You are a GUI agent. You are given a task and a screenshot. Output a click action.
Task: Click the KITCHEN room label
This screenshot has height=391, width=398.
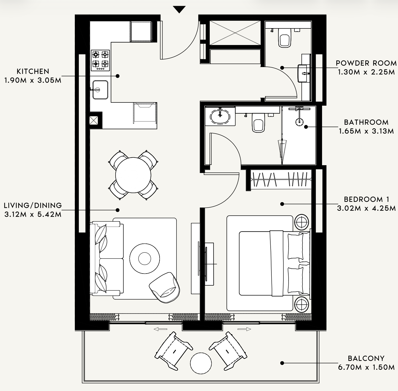pyautogui.click(x=33, y=71)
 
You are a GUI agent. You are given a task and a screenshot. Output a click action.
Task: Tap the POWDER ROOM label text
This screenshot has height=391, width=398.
pyautogui.click(x=366, y=63)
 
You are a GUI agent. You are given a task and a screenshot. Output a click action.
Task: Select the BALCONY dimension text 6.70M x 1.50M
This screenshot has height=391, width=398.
pyautogui.click(x=366, y=367)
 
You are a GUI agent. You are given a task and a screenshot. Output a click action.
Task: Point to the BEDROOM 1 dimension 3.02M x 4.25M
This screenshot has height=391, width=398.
pyautogui.click(x=366, y=208)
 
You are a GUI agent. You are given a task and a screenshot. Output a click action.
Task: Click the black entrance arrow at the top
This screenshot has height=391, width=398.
pyautogui.click(x=179, y=10)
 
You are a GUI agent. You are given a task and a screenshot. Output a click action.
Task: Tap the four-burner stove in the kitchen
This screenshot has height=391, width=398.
pyautogui.click(x=100, y=60)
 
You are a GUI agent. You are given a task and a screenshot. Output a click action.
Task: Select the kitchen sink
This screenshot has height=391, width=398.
pyautogui.click(x=100, y=90)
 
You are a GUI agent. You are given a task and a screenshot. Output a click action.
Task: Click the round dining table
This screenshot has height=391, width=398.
pyautogui.click(x=133, y=175)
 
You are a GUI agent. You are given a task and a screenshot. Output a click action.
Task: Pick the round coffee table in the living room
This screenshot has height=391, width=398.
pyautogui.click(x=145, y=259)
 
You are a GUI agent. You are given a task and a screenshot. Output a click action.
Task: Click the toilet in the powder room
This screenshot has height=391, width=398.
pyautogui.click(x=285, y=38)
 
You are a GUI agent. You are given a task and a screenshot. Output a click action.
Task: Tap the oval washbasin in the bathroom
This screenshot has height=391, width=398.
pyautogui.click(x=220, y=116)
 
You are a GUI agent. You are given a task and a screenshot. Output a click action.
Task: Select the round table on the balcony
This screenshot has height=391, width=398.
pyautogui.click(x=201, y=363)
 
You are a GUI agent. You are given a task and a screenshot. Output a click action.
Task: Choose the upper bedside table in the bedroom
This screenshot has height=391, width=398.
pyautogui.click(x=302, y=222)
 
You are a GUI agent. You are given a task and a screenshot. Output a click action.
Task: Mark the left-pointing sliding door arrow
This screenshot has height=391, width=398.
pyautogui.click(x=160, y=329)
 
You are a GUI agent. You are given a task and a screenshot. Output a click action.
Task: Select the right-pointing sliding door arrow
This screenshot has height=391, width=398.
pyautogui.click(x=244, y=329)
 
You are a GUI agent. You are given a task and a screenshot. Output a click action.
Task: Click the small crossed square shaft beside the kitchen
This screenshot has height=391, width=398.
pyautogui.click(x=94, y=120)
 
